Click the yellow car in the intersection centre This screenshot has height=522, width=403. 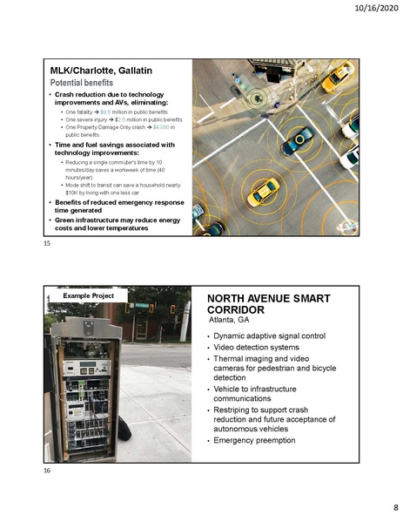pos(263,192)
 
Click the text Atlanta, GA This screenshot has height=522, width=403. pos(231,320)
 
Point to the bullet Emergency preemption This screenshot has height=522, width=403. pos(254,439)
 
